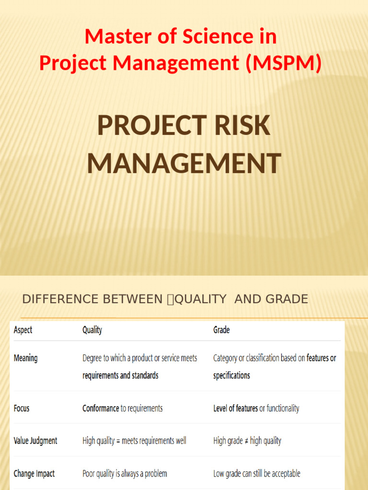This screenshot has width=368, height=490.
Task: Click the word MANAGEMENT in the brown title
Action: [184, 163]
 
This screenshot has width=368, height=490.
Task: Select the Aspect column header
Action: [23, 330]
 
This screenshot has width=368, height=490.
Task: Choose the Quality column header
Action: [92, 330]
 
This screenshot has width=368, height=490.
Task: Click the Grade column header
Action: [221, 330]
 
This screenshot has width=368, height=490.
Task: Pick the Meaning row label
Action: [26, 358]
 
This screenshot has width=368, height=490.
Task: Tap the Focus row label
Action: [22, 408]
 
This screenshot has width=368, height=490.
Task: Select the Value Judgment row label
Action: [35, 441]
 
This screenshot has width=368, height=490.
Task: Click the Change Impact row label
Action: [34, 474]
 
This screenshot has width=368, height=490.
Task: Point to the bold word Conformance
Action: [101, 408]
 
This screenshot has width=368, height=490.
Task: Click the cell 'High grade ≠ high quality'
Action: [247, 441]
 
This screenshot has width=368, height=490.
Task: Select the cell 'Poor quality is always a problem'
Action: [125, 474]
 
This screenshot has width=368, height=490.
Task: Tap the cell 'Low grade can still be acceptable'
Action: [257, 474]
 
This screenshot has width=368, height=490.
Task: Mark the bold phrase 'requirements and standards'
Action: [120, 376]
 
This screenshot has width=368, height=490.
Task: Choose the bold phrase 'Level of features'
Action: [235, 408]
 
